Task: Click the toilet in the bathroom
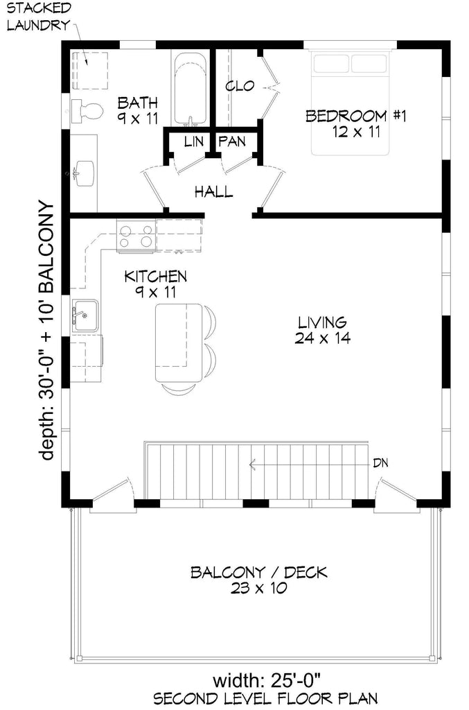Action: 87,110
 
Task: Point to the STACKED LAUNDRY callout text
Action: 39,17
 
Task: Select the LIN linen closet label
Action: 193,141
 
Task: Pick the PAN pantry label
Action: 232,141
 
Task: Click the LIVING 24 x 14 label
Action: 321,330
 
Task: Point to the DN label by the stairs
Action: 380,462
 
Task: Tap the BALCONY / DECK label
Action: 259,580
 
